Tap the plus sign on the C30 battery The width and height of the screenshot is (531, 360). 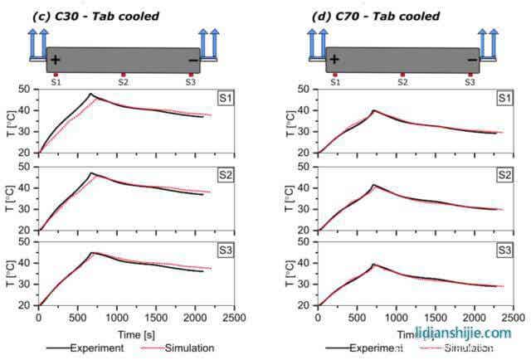(55, 61)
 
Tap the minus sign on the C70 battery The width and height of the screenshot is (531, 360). (472, 60)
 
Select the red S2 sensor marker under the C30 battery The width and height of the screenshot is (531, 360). (123, 75)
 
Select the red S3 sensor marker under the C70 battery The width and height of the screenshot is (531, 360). (470, 75)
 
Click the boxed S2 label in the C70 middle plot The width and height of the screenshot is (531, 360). (504, 176)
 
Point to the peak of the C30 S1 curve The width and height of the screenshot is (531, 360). (90, 95)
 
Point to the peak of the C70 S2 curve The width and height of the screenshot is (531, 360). (374, 185)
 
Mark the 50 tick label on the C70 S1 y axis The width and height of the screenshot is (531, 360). (306, 90)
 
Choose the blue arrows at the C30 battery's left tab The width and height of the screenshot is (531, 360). (37, 40)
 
